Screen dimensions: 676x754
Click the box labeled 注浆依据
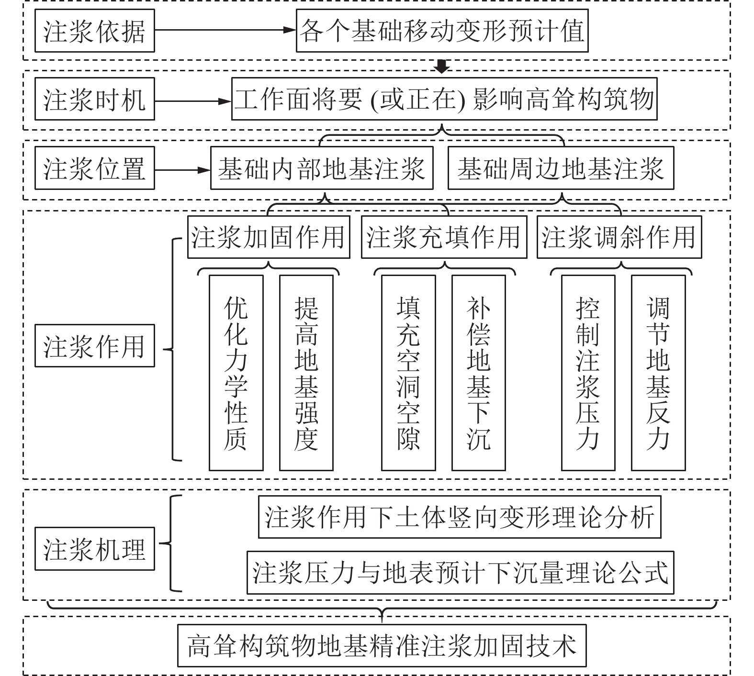point(94,31)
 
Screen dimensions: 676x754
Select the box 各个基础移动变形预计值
point(442,31)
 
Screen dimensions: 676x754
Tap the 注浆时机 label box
point(94,99)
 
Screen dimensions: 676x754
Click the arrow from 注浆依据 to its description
point(225,30)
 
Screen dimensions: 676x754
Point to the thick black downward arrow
point(441,66)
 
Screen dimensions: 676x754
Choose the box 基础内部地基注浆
point(322,168)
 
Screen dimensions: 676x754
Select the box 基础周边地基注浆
point(561,168)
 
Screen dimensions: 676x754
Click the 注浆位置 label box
point(94,168)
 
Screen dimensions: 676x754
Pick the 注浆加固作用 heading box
point(268,237)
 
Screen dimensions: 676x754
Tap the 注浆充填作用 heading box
point(444,237)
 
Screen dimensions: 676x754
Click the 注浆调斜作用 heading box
point(619,237)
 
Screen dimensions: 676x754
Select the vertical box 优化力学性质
point(236,373)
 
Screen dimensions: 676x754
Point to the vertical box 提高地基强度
point(306,373)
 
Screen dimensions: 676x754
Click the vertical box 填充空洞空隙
point(408,373)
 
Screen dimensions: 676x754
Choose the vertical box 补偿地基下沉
point(478,373)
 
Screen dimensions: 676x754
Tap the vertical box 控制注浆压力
point(588,373)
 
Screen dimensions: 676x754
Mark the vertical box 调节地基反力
point(658,373)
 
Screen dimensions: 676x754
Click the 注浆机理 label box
point(94,549)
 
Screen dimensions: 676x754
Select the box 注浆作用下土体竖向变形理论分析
point(460,517)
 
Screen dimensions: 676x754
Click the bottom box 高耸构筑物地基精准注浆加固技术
point(382,645)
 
